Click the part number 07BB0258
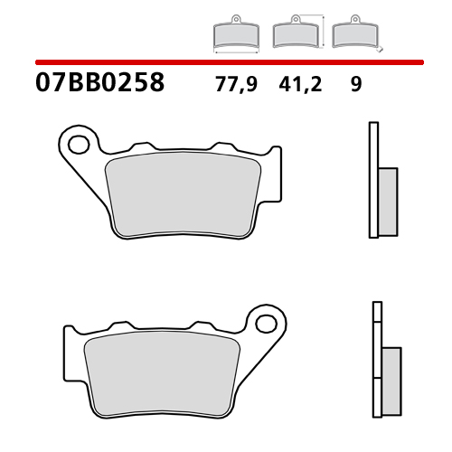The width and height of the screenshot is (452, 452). [x=100, y=84]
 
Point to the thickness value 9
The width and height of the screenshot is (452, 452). [x=355, y=85]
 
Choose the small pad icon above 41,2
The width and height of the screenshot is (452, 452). [x=294, y=34]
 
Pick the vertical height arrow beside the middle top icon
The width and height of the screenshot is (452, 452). [x=320, y=30]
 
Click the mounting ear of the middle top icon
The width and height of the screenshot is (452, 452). [x=294, y=21]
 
